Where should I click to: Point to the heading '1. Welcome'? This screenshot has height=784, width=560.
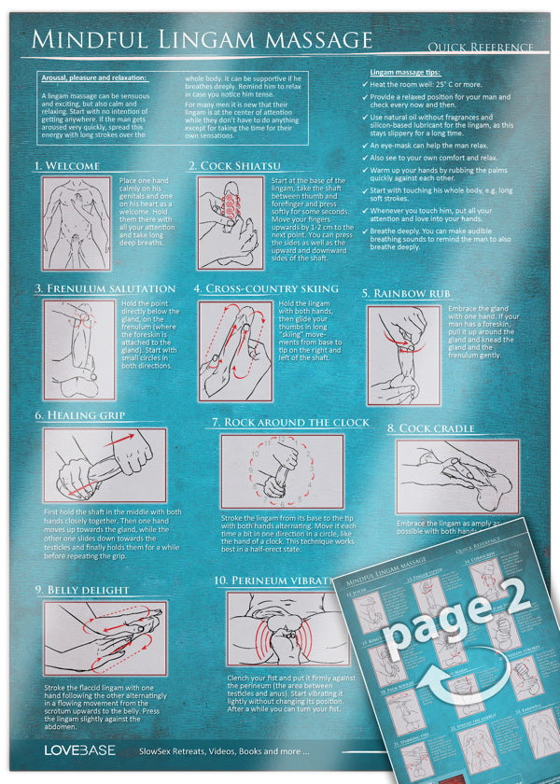coord(66,165)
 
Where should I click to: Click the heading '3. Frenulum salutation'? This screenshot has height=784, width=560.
coord(105,288)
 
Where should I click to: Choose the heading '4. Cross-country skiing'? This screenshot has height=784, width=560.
coord(266,288)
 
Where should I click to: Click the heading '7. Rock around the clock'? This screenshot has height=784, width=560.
coord(289,422)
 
